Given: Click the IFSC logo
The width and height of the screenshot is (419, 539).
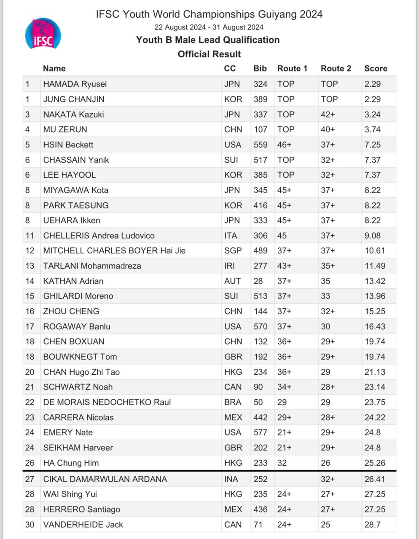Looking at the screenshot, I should pos(43,34).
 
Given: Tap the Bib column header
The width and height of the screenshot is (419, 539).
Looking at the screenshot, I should pos(260,69).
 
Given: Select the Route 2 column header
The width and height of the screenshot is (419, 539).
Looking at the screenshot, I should pos(336,69).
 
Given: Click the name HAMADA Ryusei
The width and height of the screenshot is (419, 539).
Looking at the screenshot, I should pos(75,84).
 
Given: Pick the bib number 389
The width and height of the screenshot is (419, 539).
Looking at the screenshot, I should pos(260,99).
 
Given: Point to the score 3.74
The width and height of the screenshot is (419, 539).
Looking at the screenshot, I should pos(372,129).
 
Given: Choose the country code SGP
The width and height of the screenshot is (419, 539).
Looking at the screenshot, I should pos(233,251).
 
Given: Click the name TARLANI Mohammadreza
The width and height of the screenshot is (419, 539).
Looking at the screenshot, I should pos(92,266).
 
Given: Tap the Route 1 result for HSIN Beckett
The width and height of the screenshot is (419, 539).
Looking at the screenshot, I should pos(284,144).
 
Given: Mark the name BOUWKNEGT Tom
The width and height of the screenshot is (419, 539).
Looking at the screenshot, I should pos(80,357).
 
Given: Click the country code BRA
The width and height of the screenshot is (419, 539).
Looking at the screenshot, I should pos(233,402).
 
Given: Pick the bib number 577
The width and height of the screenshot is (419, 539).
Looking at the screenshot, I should pos(260,432).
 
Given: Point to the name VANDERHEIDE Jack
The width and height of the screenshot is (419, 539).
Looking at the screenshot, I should pos(83,524).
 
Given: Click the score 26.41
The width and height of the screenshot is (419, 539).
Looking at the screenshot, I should pos(375,479).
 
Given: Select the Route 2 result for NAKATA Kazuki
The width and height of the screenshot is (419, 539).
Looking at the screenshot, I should pos(328,114).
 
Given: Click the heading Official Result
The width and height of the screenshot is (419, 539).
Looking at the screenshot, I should pos(209,54).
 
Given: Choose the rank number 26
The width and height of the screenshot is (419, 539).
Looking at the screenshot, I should pos(30,463).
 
